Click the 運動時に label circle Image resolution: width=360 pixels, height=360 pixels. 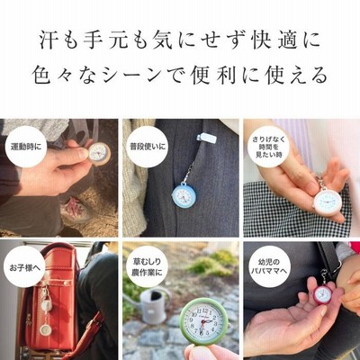click(26, 147)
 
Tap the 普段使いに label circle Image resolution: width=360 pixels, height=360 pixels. click(146, 147)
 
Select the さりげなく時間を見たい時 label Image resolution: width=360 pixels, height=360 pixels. click(268, 147)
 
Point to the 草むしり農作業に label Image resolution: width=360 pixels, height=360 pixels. click(147, 267)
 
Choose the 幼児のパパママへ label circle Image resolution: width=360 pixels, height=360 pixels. click(269, 267)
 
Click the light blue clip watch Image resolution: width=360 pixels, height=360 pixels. click(184, 194)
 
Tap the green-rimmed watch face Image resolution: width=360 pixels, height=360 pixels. click(202, 320)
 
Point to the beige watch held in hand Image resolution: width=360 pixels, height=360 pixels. click(99, 154)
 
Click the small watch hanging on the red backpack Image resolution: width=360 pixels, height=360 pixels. click(46, 329)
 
